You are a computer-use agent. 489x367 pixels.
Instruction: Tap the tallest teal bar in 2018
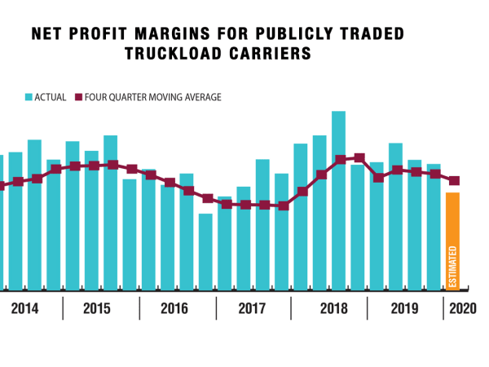click(x=339, y=200)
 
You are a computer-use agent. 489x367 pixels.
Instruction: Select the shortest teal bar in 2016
click(x=205, y=251)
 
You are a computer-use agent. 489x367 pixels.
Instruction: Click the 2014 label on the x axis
click(x=25, y=309)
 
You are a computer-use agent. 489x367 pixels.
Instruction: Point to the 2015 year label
click(x=97, y=309)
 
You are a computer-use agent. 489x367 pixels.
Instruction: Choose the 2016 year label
click(x=174, y=309)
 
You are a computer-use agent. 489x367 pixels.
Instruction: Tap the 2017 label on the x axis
click(x=252, y=309)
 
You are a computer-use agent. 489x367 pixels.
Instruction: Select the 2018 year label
click(x=333, y=309)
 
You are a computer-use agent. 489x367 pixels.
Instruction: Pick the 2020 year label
click(x=462, y=309)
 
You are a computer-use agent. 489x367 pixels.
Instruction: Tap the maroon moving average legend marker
click(x=80, y=97)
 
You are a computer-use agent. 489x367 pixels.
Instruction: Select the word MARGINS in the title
click(x=171, y=35)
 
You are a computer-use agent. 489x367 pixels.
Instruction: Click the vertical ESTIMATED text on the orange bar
click(x=454, y=266)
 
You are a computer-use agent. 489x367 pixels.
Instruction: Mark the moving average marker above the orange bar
click(x=455, y=181)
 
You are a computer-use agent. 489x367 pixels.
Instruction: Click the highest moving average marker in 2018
click(x=359, y=157)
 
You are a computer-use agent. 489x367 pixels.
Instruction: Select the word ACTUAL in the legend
click(x=51, y=97)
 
